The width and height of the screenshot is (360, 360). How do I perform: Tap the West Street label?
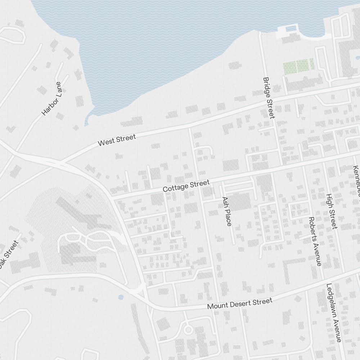(x=117, y=140)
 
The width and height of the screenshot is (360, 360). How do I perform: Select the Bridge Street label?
(x=269, y=98)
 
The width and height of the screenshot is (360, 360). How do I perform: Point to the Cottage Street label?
(x=186, y=186)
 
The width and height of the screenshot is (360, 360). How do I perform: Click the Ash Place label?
(x=226, y=211)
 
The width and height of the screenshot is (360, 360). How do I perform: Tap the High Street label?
(x=331, y=211)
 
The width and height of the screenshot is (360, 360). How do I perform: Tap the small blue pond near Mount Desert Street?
(x=121, y=297)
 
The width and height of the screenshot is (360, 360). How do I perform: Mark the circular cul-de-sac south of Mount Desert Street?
(x=188, y=329)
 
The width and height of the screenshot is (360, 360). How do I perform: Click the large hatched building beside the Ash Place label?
(x=239, y=202)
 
